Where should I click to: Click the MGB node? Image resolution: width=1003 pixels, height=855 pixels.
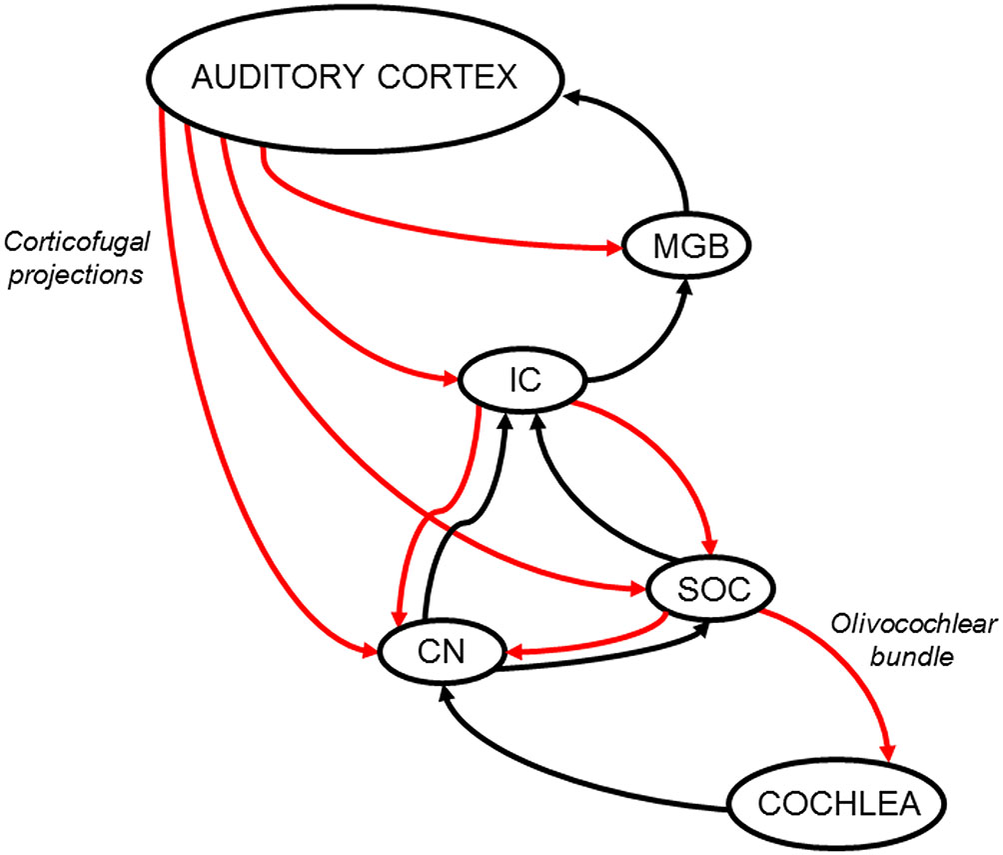(x=684, y=245)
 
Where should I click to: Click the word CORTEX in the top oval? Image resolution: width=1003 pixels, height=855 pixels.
(x=461, y=77)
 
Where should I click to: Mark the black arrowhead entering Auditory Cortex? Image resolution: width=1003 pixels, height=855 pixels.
(x=572, y=96)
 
